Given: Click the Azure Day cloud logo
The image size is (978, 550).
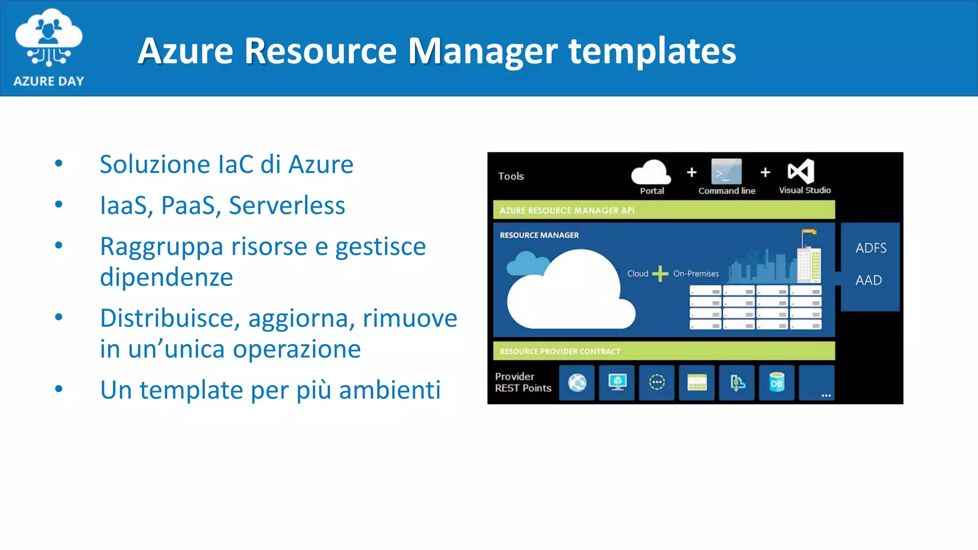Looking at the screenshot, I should pyautogui.click(x=49, y=38).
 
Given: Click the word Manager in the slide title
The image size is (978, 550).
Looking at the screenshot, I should pyautogui.click(x=482, y=51).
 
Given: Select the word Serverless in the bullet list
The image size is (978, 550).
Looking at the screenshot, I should pyautogui.click(x=287, y=206).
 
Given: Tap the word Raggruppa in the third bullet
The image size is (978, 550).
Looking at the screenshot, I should pyautogui.click(x=161, y=247).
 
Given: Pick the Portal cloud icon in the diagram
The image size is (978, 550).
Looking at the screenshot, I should pyautogui.click(x=651, y=173).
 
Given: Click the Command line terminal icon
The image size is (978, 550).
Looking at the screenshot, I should pyautogui.click(x=726, y=172).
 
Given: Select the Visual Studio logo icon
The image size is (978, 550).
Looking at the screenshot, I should pyautogui.click(x=801, y=171).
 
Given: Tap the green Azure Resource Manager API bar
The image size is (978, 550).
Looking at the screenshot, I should pyautogui.click(x=664, y=210).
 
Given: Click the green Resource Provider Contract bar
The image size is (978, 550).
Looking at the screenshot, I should pyautogui.click(x=664, y=351).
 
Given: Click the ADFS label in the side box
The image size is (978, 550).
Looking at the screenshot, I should pyautogui.click(x=871, y=248).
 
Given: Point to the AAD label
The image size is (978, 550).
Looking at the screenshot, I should pyautogui.click(x=868, y=280).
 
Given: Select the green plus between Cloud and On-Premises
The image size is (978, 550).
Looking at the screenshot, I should pyautogui.click(x=660, y=274).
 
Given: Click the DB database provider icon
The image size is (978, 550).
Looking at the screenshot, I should pyautogui.click(x=776, y=383).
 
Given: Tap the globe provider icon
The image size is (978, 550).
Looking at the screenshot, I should pyautogui.click(x=577, y=383).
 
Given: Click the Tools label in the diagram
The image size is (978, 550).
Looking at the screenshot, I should pyautogui.click(x=510, y=176).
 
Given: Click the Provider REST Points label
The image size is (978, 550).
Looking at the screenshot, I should pyautogui.click(x=522, y=382).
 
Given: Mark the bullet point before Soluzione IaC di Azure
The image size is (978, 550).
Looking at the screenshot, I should pyautogui.click(x=59, y=164).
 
